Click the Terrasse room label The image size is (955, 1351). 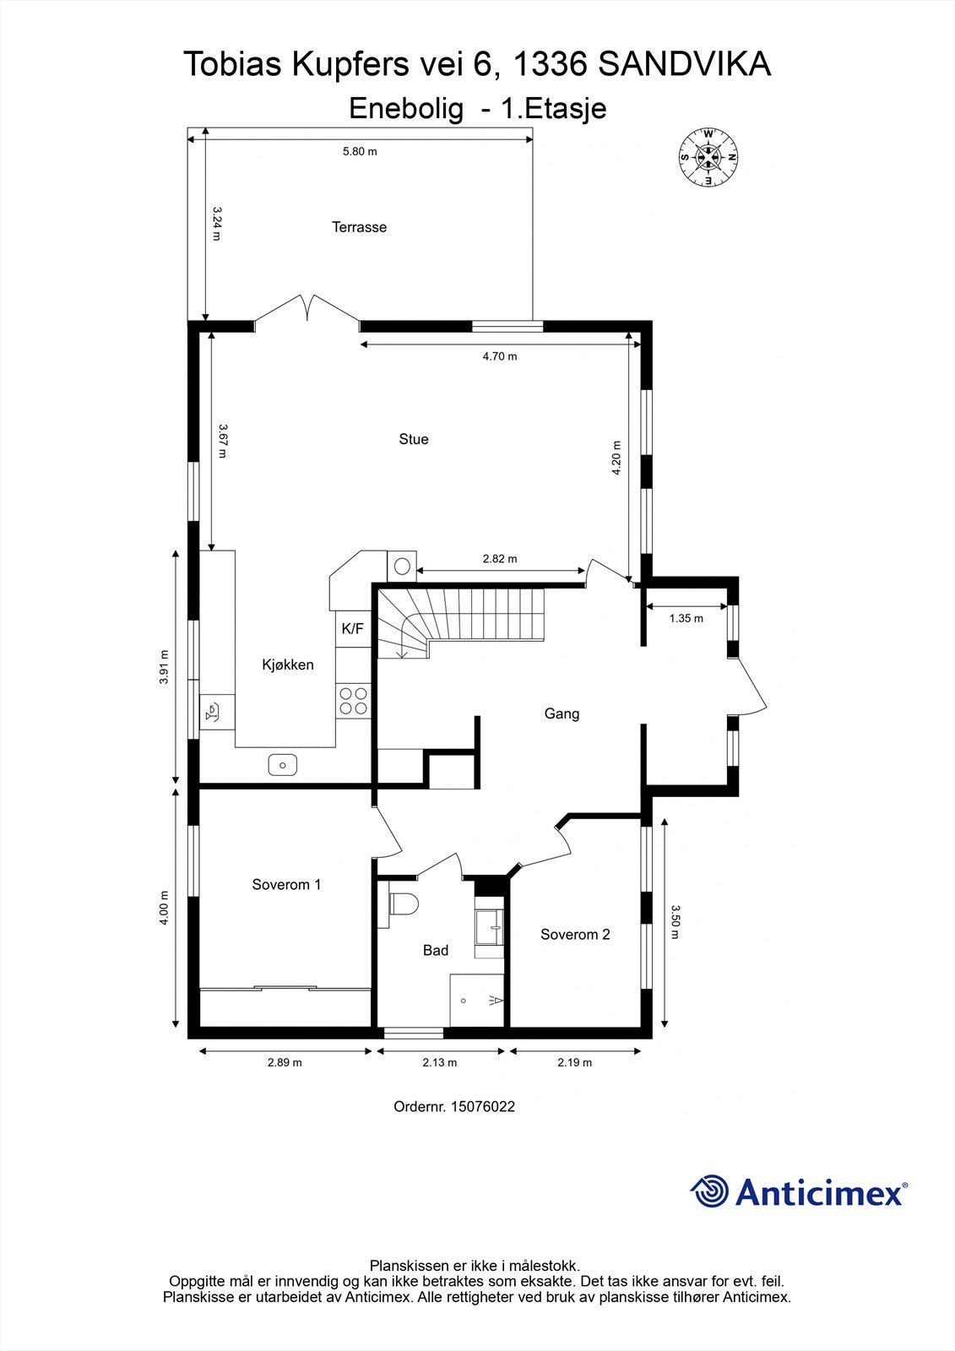click(359, 227)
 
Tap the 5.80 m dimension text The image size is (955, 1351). click(359, 152)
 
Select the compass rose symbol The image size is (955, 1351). click(708, 157)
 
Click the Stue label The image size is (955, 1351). click(414, 439)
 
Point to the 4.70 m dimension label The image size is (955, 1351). click(500, 356)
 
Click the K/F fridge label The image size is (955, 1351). click(352, 629)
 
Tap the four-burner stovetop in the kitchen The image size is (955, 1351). click(353, 700)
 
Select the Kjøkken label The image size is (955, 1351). click(288, 665)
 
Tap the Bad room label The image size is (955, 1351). click(436, 951)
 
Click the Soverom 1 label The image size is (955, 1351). click(286, 885)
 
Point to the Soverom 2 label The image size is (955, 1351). click(575, 935)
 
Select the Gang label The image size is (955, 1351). click(562, 714)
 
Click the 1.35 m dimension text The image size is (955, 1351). click(686, 618)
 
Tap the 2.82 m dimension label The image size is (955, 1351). click(500, 559)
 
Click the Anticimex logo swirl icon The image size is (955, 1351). click(710, 1191)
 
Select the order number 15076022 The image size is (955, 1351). click(483, 1106)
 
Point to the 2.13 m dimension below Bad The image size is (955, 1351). click(440, 1063)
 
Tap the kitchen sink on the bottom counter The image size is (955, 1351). click(283, 765)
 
